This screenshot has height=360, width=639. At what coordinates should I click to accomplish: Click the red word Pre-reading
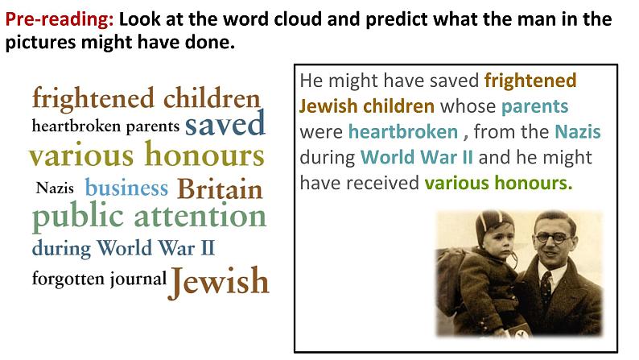click(59, 19)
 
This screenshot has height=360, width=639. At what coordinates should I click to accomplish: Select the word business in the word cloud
click(126, 188)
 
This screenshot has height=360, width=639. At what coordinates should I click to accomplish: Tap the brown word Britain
click(220, 189)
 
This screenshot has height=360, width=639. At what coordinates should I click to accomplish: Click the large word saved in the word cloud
click(225, 123)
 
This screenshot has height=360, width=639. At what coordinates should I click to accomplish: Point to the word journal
click(138, 279)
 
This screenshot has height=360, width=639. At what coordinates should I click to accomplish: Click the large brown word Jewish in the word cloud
click(219, 281)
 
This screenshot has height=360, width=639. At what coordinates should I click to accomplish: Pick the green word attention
click(200, 216)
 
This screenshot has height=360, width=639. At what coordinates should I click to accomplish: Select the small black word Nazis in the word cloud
click(55, 188)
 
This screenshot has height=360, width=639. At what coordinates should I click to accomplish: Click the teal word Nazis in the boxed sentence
click(578, 132)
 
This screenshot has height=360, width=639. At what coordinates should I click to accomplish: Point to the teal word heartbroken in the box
click(403, 132)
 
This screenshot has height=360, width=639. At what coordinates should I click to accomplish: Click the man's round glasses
click(553, 238)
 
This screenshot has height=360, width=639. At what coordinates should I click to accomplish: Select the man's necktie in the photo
click(546, 288)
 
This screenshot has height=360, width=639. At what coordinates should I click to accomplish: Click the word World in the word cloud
click(125, 247)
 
